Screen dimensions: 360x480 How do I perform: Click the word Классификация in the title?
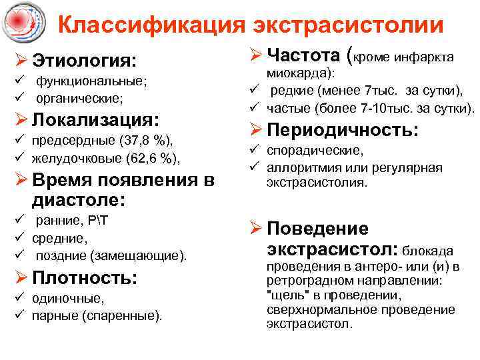coord(151,25)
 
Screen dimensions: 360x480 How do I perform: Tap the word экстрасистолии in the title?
coord(348,25)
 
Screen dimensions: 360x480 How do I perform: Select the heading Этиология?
coord(84,61)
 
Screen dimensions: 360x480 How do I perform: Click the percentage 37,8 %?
coord(146,141)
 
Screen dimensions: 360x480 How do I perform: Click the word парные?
coord(53,315)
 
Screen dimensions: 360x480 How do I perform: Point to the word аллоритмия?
coord(299,167)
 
